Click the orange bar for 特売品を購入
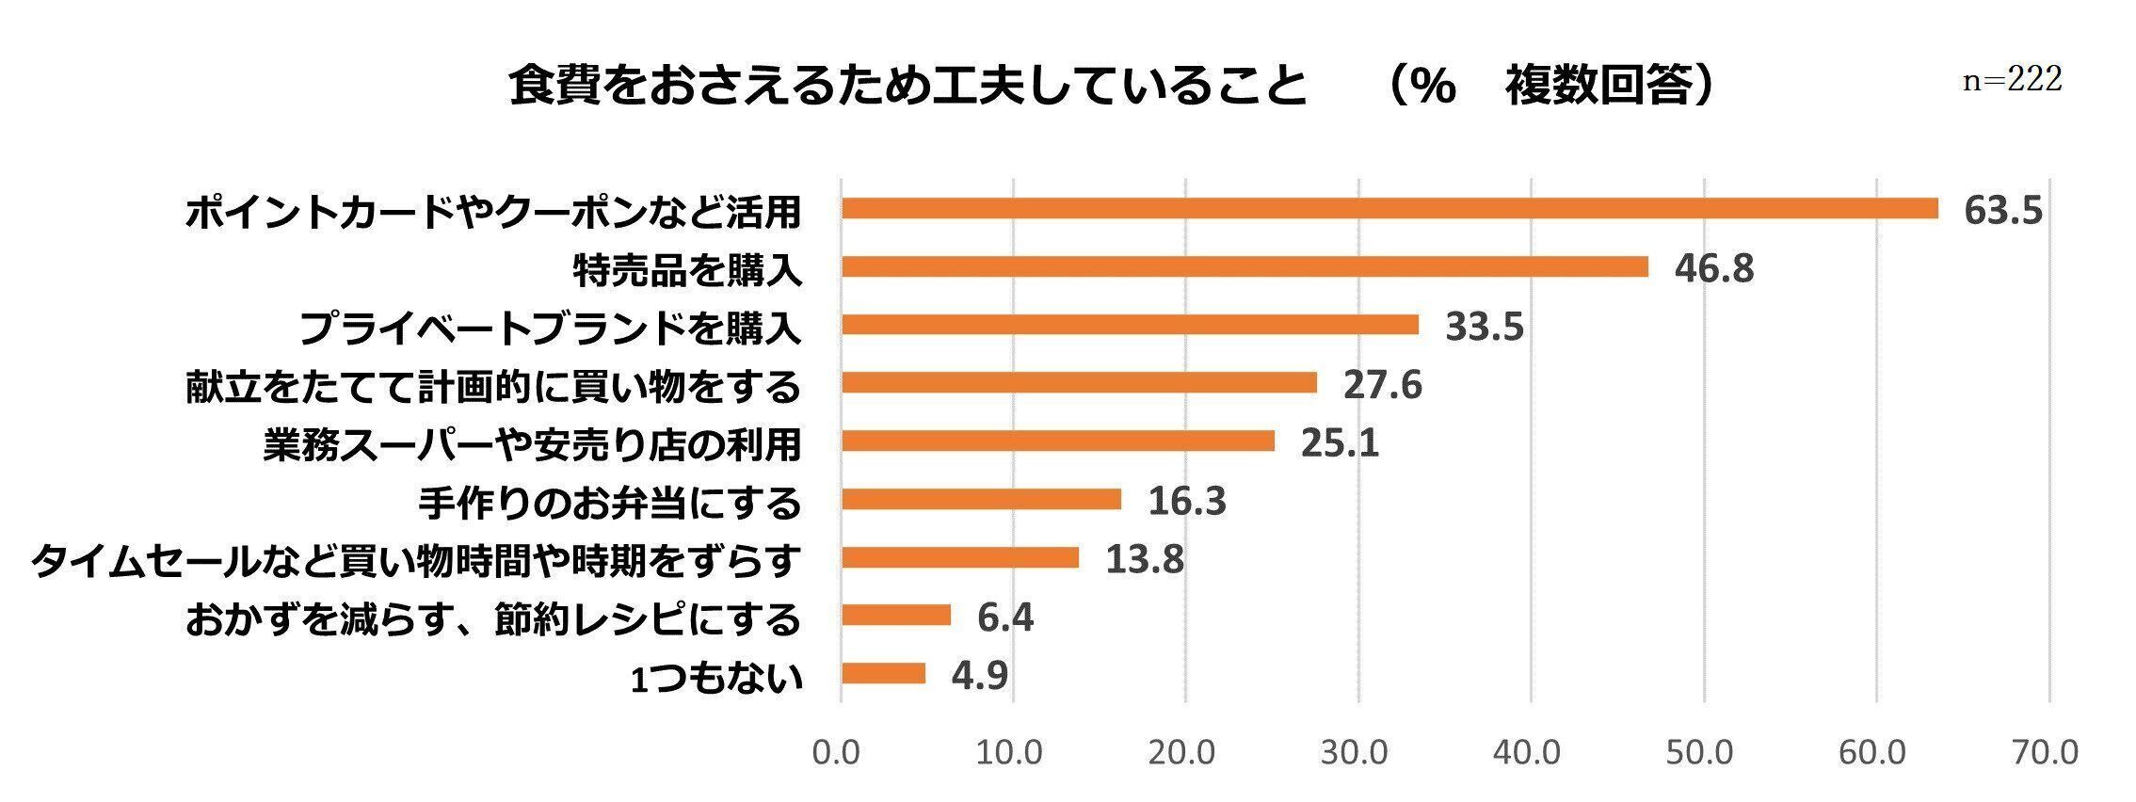tap(1245, 267)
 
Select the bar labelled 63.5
tap(1389, 209)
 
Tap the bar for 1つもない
tap(883, 674)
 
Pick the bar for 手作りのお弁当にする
tap(981, 499)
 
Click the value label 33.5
tap(1485, 327)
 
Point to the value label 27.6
tap(1382, 385)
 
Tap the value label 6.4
tap(1005, 618)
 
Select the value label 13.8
tap(1144, 560)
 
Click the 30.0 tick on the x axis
tap(1358, 752)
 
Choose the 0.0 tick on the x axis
tap(837, 752)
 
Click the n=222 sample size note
tap(2013, 80)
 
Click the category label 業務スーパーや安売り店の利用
tap(532, 444)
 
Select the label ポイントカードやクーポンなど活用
tap(493, 212)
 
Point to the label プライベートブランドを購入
tap(551, 329)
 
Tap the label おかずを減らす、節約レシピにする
tap(493, 619)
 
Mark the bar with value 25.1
tap(1058, 441)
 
